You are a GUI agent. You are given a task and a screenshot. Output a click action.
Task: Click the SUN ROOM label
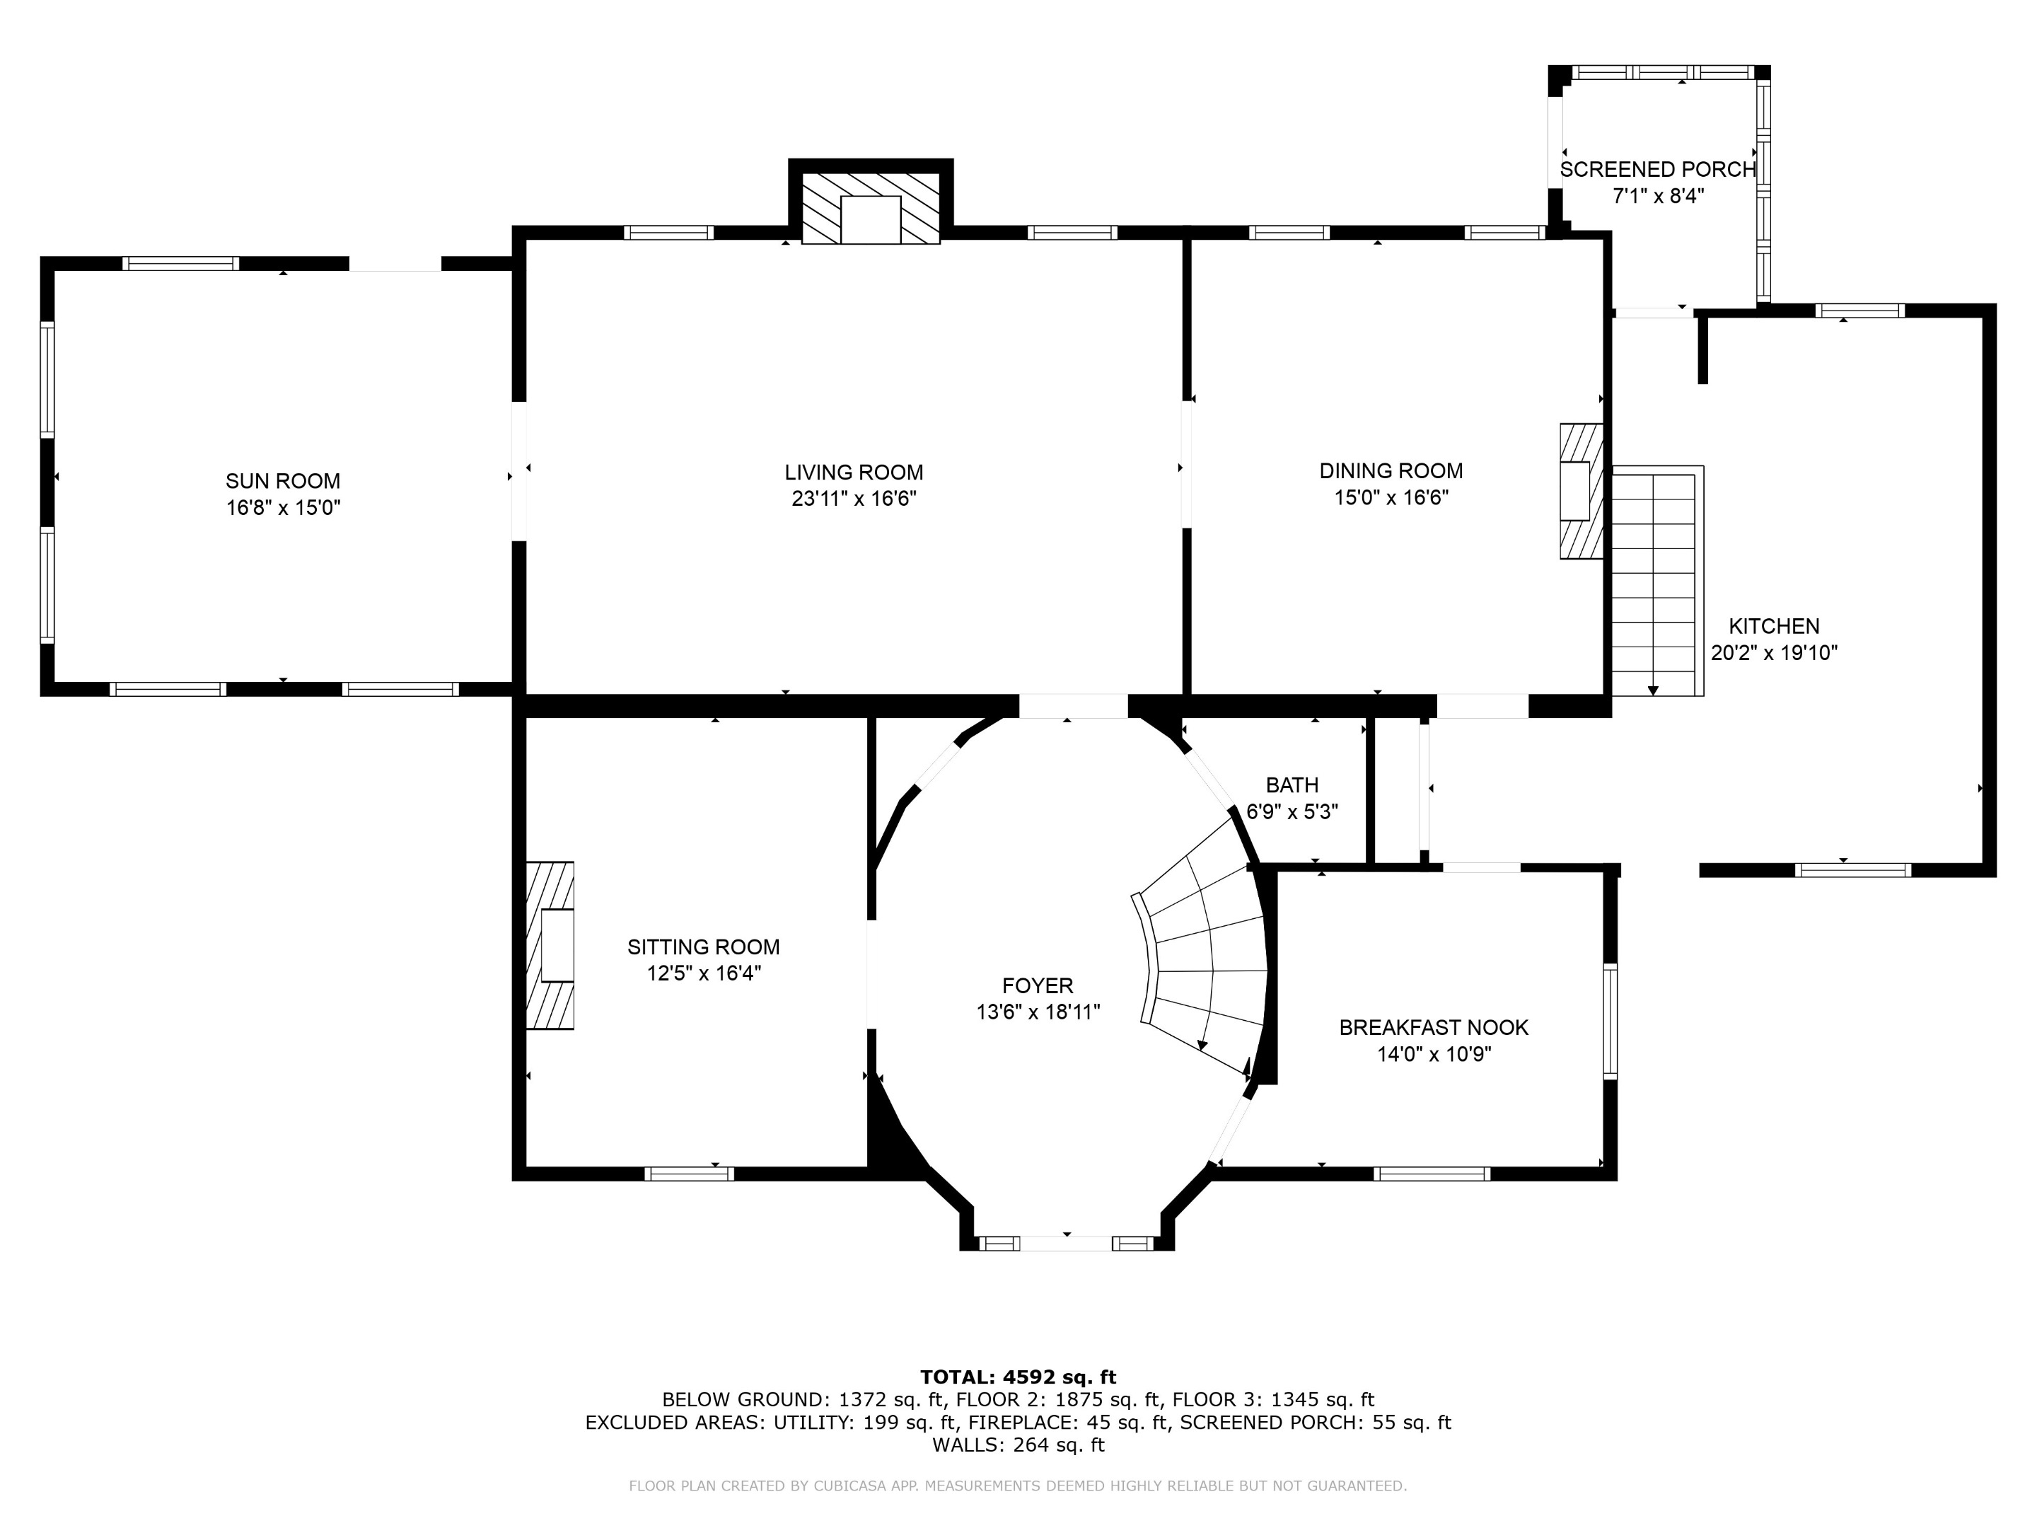coord(283,481)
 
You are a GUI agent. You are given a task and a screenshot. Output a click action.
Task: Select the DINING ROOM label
coord(1391,470)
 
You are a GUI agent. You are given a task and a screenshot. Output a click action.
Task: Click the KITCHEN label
coord(1774,626)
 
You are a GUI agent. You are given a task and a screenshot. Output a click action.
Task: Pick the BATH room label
coord(1292,785)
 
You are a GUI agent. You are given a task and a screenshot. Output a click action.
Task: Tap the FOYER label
coord(1038,985)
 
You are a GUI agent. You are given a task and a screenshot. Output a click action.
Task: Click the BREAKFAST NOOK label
coord(1434,1027)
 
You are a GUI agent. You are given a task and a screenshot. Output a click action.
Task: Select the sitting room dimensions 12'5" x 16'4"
coord(704,973)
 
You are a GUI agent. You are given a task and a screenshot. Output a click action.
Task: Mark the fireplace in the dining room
coord(1580,491)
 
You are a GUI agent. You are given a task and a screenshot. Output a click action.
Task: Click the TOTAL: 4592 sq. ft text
coord(1018,1377)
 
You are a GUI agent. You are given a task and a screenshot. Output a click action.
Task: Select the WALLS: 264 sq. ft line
coord(1018,1445)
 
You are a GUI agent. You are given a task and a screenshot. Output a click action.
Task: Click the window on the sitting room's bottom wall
coord(689,1174)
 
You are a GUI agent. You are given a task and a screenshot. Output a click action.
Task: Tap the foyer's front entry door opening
coord(1067,1242)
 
